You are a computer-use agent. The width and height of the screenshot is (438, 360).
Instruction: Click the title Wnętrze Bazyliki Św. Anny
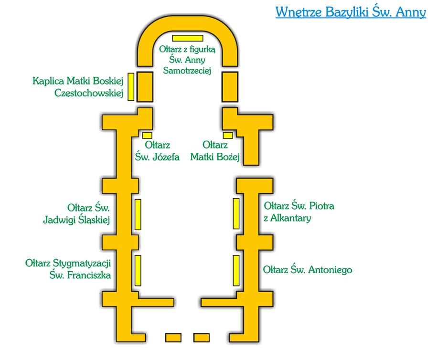351,12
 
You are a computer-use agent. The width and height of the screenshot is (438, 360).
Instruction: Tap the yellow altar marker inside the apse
187,38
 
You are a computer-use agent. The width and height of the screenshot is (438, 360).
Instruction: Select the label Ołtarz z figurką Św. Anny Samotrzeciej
187,60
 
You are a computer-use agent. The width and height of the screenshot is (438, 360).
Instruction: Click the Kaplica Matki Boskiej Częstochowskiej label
78,87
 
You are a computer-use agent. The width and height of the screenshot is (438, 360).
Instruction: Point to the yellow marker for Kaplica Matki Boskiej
131,87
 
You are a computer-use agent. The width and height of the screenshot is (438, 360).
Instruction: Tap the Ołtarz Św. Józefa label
157,151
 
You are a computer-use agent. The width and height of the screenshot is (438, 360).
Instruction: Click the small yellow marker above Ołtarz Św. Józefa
147,136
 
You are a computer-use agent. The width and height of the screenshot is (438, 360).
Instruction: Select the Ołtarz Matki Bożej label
215,151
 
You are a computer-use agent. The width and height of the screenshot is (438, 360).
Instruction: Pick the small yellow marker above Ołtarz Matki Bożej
228,136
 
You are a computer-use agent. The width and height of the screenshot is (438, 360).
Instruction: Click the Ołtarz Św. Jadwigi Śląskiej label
76,214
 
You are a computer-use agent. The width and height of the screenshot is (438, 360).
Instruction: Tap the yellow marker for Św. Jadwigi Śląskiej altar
138,214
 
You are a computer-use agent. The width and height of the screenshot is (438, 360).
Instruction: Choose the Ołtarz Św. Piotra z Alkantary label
299,212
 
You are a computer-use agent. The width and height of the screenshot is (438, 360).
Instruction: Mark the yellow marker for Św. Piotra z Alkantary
236,213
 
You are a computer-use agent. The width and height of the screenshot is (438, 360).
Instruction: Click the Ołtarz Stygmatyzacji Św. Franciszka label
68,269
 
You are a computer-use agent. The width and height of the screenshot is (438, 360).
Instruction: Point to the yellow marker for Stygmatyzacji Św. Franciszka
138,270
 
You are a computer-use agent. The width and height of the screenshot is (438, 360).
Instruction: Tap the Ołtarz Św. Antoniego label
308,270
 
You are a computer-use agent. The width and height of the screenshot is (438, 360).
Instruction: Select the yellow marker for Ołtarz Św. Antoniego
236,270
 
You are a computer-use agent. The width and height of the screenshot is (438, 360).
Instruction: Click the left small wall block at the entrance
173,338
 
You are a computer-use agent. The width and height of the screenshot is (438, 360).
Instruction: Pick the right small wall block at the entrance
202,338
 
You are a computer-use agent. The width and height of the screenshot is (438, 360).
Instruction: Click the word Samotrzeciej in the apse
187,70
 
